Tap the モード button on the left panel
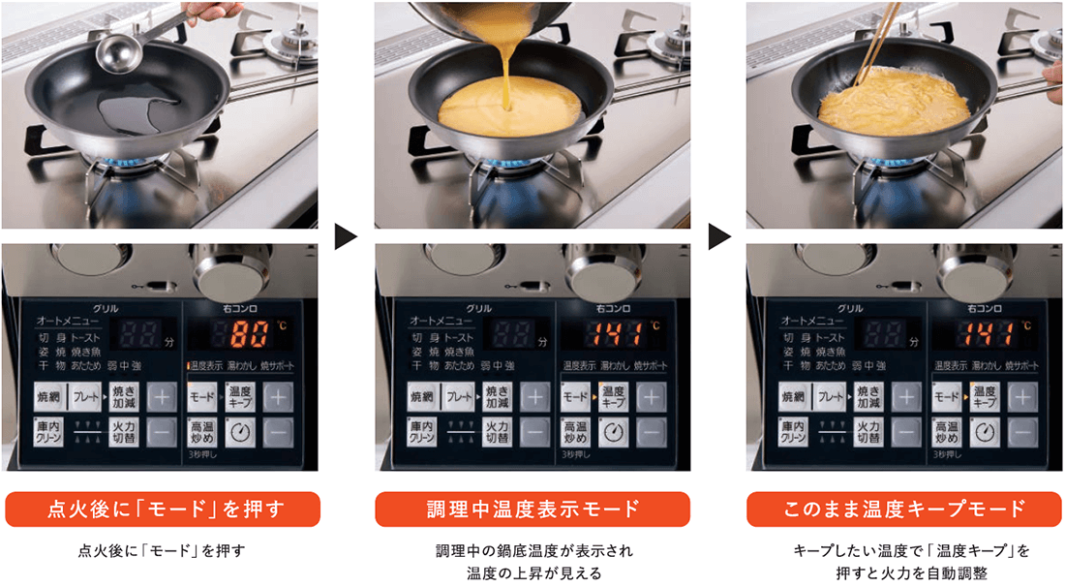[202, 397]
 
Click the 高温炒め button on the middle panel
[575, 432]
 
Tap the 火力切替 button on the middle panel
[498, 432]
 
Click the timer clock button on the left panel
[241, 432]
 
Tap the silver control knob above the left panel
[228, 265]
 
